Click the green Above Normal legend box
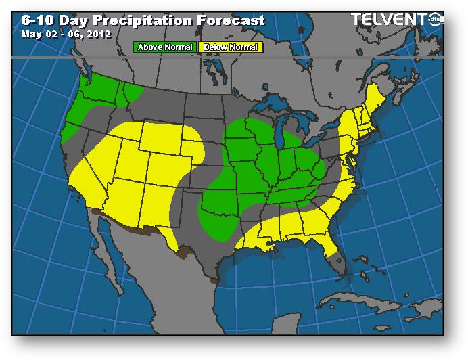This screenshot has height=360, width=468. click(164, 47)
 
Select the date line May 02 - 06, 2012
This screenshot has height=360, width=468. click(65, 33)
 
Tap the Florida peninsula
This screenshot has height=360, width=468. click(333, 254)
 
